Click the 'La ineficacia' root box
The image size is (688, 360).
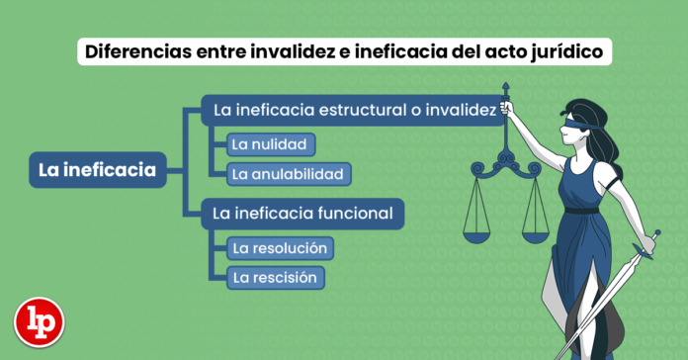(x=97, y=170)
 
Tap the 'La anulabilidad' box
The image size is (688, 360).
(x=287, y=174)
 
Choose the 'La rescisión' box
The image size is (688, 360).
(x=274, y=278)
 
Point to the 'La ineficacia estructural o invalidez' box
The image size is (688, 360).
(x=354, y=111)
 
